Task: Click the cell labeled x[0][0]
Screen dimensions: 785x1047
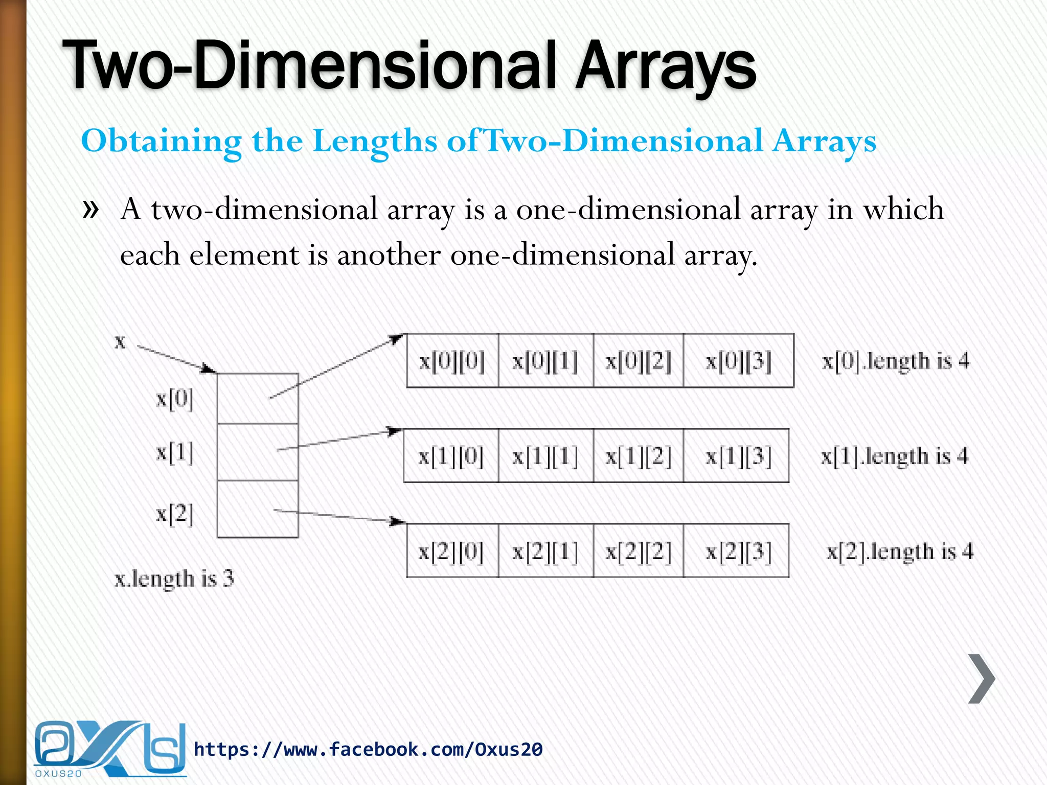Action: [452, 361]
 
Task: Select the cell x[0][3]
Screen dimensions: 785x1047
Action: [738, 361]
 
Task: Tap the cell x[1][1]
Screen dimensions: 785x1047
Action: [545, 456]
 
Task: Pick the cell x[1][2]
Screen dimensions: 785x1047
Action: [638, 456]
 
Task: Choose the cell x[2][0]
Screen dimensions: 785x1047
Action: [451, 551]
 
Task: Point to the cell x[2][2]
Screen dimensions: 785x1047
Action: [638, 551]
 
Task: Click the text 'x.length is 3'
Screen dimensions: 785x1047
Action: [174, 579]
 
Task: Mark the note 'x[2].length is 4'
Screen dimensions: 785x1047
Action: [900, 551]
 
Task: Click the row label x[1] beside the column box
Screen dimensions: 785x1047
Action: [174, 453]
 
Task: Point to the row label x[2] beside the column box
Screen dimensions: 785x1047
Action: [174, 513]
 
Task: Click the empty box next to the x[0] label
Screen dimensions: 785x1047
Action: [258, 399]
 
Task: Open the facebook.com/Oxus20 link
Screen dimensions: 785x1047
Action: [368, 749]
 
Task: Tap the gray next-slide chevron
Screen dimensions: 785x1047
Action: [982, 679]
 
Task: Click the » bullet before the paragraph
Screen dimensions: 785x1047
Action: [90, 209]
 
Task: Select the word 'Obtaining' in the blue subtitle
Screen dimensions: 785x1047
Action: [161, 141]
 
